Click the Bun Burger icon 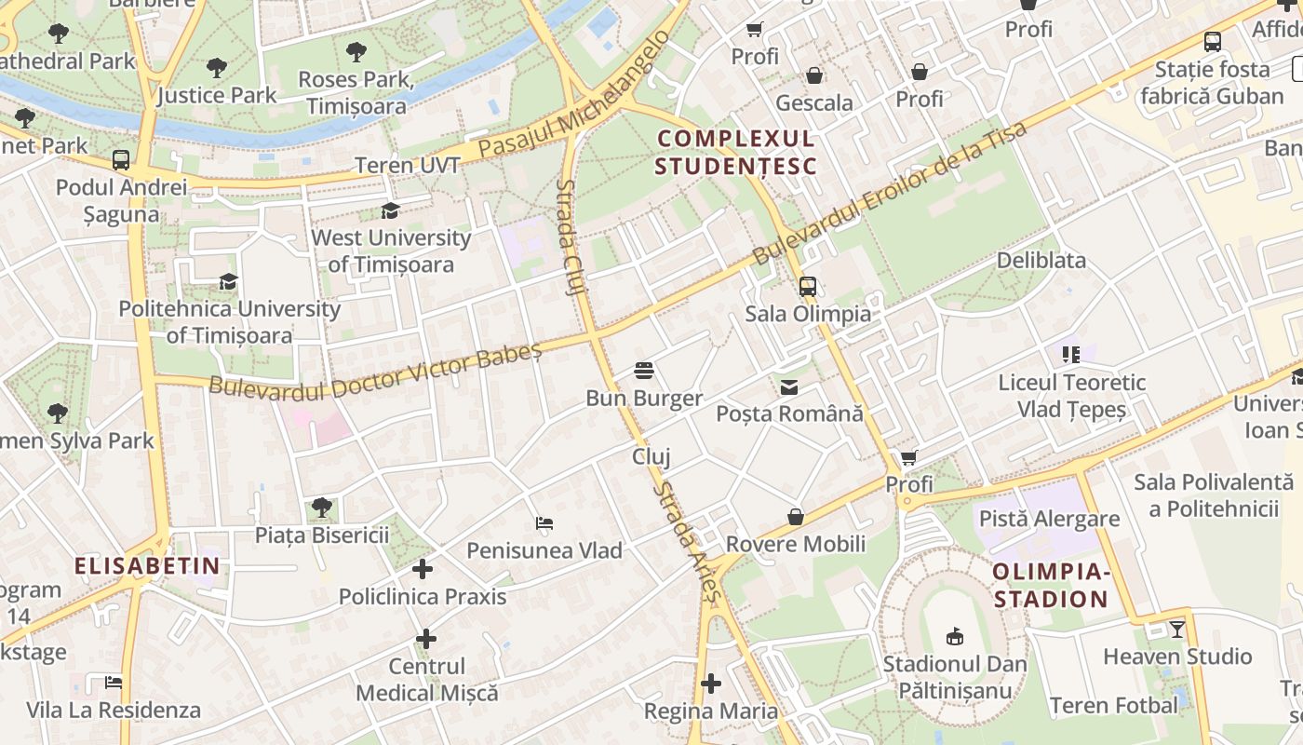pyautogui.click(x=643, y=372)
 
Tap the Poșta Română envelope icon pyautogui.click(x=789, y=387)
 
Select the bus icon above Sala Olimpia pyautogui.click(x=808, y=287)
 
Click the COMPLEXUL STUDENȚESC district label pyautogui.click(x=736, y=153)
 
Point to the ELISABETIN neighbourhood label pyautogui.click(x=147, y=565)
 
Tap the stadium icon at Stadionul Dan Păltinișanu pyautogui.click(x=954, y=637)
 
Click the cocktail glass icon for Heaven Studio pyautogui.click(x=1177, y=630)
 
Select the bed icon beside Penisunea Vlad pyautogui.click(x=544, y=523)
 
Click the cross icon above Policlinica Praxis pyautogui.click(x=423, y=568)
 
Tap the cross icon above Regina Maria pyautogui.click(x=711, y=684)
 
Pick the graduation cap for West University pyautogui.click(x=391, y=211)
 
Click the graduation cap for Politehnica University pyautogui.click(x=229, y=281)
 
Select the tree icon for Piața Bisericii pyautogui.click(x=322, y=508)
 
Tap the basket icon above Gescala pyautogui.click(x=814, y=75)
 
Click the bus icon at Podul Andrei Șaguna pyautogui.click(x=121, y=160)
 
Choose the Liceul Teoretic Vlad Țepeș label pyautogui.click(x=1071, y=396)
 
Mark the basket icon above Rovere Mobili pyautogui.click(x=796, y=517)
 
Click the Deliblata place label pyautogui.click(x=1041, y=261)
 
